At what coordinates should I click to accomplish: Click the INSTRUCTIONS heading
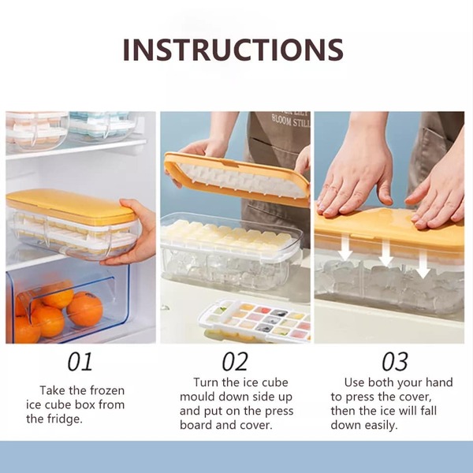[x=233, y=50]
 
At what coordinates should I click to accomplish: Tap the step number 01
[x=80, y=362]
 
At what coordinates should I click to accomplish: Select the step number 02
[x=235, y=362]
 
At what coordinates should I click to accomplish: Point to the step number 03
[x=395, y=362]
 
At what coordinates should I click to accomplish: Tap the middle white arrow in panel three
[x=385, y=250]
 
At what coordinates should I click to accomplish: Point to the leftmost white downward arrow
[x=345, y=247]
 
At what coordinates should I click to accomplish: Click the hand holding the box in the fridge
[x=133, y=233]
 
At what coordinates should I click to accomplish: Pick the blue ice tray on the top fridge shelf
[x=102, y=126]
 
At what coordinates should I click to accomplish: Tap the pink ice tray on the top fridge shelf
[x=37, y=131]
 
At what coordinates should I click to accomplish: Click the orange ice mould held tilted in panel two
[x=237, y=179]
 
